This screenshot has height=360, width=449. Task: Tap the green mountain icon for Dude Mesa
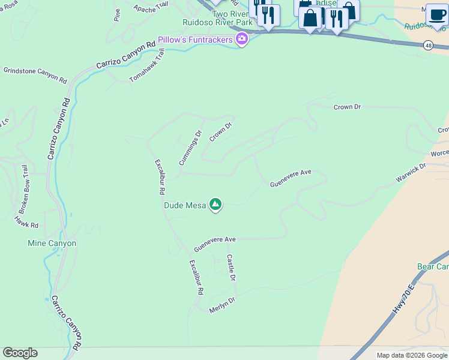click(x=215, y=205)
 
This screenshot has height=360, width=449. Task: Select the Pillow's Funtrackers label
click(x=196, y=40)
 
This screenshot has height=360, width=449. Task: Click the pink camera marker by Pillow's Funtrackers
click(x=241, y=40)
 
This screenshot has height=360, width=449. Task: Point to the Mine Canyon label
click(x=52, y=244)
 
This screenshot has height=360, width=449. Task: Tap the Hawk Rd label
click(x=26, y=221)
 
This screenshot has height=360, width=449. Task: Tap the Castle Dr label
click(x=231, y=268)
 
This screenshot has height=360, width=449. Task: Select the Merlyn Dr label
click(x=221, y=305)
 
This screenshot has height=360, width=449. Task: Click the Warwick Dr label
click(x=411, y=173)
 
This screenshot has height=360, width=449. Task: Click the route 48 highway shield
click(x=427, y=45)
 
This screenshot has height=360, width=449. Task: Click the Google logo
click(x=20, y=353)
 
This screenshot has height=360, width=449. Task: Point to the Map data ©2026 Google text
click(x=412, y=355)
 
